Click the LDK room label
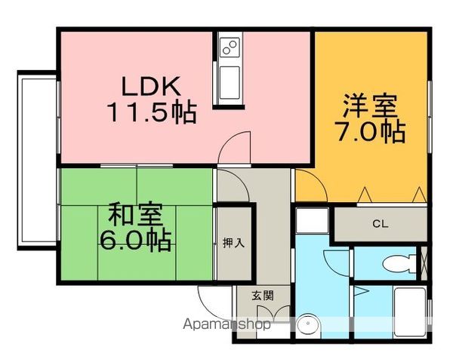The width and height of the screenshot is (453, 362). (x=151, y=86)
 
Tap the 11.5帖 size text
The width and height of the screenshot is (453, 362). (x=152, y=112)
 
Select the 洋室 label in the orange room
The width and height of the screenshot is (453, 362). (x=371, y=105)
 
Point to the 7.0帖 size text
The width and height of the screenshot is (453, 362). (x=371, y=132)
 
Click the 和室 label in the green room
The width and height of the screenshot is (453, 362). (x=135, y=214)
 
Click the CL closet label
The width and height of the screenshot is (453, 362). (x=381, y=223)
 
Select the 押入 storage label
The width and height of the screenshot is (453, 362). (x=233, y=243)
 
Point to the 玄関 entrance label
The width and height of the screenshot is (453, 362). (x=262, y=296)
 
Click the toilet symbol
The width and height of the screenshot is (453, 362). (x=399, y=263)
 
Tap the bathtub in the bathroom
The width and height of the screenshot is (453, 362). (x=410, y=312)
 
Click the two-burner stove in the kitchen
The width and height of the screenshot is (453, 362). (x=230, y=47)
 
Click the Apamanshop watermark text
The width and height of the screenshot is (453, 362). (x=226, y=324)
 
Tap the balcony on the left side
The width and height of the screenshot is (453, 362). (x=37, y=160)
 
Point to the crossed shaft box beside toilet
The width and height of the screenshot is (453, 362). (x=424, y=263)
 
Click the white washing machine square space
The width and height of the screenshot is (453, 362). (x=313, y=220)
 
